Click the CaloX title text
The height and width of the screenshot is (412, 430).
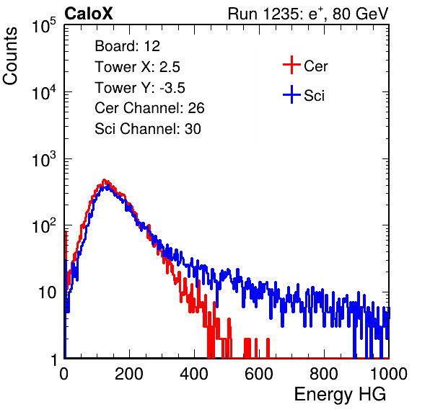click(88, 14)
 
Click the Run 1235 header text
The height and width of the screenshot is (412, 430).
click(308, 14)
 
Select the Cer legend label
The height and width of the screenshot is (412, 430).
click(315, 66)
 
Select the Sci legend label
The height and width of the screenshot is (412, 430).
click(314, 96)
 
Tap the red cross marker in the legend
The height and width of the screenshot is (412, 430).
click(291, 65)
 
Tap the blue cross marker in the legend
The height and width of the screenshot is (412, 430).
click(291, 94)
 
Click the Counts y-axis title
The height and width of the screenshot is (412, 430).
click(10, 55)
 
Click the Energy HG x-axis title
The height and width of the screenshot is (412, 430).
click(340, 395)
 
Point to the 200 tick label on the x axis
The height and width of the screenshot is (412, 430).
click(129, 374)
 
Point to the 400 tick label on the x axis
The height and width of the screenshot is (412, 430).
click(194, 374)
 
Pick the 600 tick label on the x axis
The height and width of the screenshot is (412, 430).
click(259, 374)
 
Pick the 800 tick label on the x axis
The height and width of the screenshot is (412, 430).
click(324, 374)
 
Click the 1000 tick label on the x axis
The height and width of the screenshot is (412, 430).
click(389, 374)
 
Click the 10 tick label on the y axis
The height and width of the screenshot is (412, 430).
click(48, 292)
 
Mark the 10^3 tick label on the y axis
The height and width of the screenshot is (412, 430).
click(44, 159)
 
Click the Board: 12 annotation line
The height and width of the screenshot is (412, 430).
click(127, 46)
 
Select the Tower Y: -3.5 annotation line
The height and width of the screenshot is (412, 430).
click(140, 88)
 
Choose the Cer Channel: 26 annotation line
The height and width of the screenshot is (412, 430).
click(149, 108)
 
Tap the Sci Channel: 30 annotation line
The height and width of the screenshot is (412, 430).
click(148, 129)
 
